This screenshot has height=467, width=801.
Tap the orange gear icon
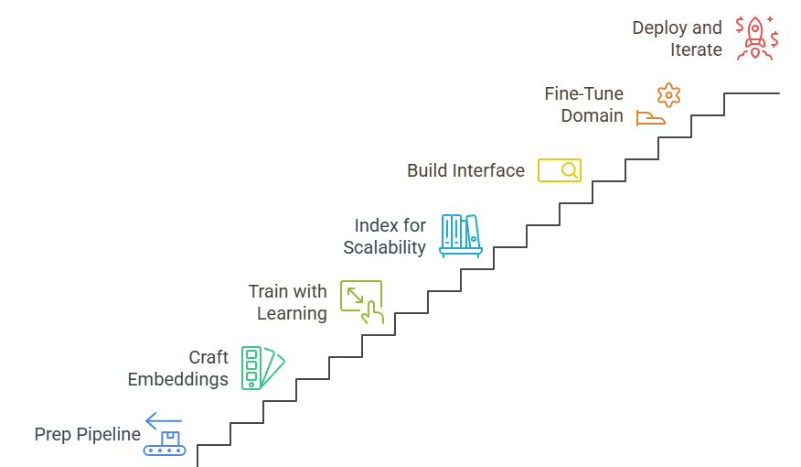pyautogui.click(x=669, y=94)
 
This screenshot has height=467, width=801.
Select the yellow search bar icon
pyautogui.click(x=559, y=170)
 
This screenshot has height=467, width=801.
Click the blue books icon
pyautogui.click(x=460, y=234)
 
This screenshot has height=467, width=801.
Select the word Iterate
pyautogui.click(x=696, y=49)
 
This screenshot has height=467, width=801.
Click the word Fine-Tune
pyautogui.click(x=583, y=93)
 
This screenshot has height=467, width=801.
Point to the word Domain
pyautogui.click(x=592, y=116)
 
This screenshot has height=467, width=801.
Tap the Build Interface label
pyautogui.click(x=465, y=170)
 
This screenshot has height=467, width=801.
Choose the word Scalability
pyautogui.click(x=384, y=247)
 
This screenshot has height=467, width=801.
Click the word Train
pyautogui.click(x=267, y=291)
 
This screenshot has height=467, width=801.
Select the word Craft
pyautogui.click(x=208, y=357)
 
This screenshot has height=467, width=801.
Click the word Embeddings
pyautogui.click(x=177, y=379)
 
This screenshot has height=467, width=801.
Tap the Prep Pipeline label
pyautogui.click(x=88, y=434)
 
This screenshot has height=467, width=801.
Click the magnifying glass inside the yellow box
pyautogui.click(x=569, y=170)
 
